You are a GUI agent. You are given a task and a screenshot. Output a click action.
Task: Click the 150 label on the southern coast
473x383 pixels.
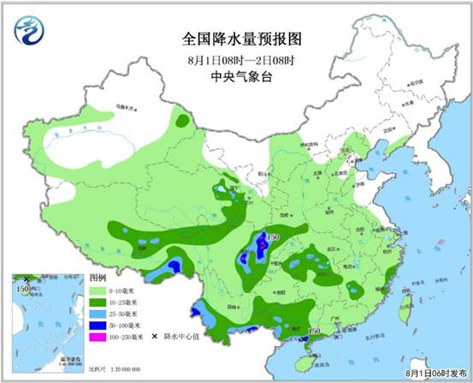(313, 331)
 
